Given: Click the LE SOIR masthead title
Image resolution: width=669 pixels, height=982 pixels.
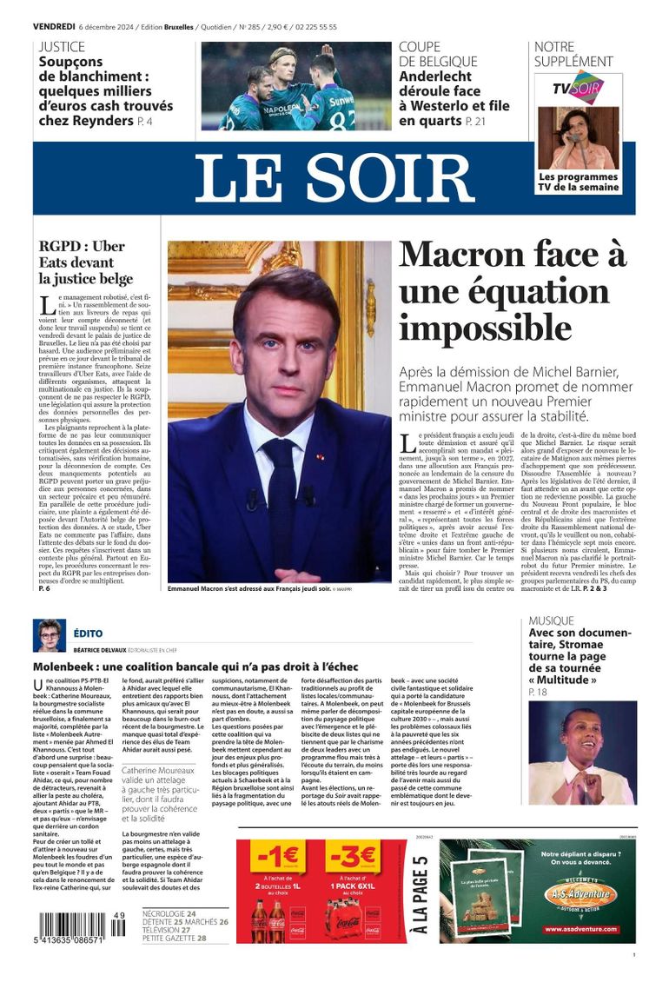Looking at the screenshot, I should coord(334,178).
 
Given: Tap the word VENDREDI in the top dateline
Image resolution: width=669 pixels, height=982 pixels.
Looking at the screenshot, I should coord(53,27).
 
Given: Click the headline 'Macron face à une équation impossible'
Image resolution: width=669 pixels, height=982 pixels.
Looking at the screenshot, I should coord(512,292).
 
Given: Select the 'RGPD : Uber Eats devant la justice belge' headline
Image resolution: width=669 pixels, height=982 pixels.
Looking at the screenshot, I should coord(86,262).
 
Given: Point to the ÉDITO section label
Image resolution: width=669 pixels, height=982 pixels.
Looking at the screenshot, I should coord(88,634).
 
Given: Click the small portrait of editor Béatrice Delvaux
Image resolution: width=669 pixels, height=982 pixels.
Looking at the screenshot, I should coord(49,635).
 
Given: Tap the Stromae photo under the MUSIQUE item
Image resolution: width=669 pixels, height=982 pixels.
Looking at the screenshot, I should coord(582,755).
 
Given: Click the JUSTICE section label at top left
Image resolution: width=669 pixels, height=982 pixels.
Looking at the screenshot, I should coord(62,47).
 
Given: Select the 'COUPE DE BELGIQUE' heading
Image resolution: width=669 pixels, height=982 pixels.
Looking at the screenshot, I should coord(438,54).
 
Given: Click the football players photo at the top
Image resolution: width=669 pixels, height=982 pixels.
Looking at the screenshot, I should coord(296,86).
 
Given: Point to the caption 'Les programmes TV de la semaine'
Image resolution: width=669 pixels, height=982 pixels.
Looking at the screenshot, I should coord(579,182).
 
